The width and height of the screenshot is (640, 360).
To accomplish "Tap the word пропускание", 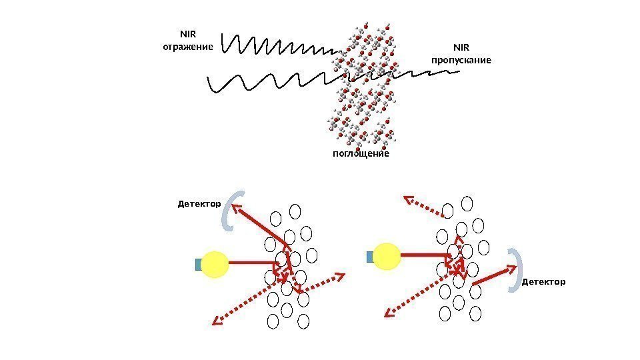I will click(461, 60).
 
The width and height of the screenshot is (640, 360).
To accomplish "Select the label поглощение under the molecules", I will click(360, 154).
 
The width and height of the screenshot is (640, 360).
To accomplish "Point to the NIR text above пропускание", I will click(461, 48).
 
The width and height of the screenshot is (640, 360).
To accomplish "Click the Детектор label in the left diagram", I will click(199, 203).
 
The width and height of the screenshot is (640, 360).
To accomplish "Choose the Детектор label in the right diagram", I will click(543, 282).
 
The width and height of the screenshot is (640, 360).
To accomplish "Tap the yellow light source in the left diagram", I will click(215, 264).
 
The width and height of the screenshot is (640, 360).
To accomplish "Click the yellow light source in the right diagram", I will click(387, 256).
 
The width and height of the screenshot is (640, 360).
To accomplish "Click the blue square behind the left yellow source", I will click(198, 265).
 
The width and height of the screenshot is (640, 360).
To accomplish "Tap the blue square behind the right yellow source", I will click(371, 257).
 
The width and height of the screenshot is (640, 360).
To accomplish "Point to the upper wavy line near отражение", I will click(280, 45).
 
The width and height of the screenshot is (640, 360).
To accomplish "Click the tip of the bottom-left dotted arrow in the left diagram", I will click(215, 323).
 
